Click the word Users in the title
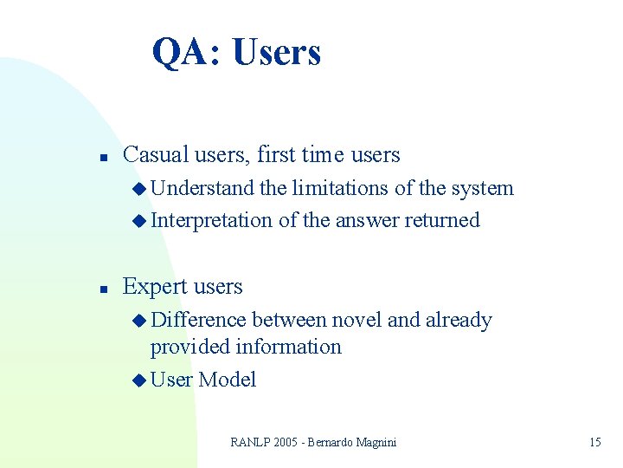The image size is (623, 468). coord(277,52)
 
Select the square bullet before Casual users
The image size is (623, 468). coord(102,158)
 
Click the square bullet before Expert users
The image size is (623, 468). coord(102,289)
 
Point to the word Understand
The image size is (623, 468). coord(203,189)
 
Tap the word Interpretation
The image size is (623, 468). coord(212,221)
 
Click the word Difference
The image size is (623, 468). coord(198,320)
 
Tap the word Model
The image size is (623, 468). coord(228,380)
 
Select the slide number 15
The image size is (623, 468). coord(594,442)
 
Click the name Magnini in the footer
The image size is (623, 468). coord(373,442)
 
